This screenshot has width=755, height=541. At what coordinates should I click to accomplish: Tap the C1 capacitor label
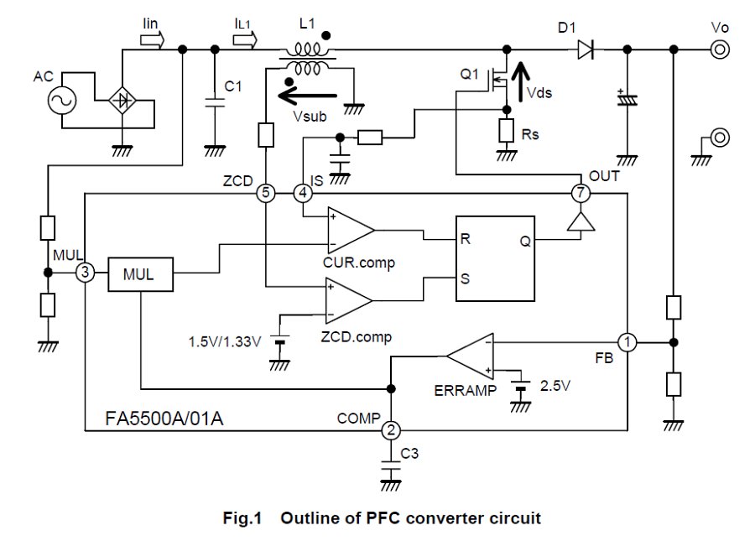[234, 86]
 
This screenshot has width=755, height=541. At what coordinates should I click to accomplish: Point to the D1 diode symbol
[586, 51]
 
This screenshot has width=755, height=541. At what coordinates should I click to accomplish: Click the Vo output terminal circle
[719, 50]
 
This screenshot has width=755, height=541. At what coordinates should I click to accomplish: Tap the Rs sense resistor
[506, 130]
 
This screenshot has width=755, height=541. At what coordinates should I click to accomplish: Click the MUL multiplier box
[140, 273]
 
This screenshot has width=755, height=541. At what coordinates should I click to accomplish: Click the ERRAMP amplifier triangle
[471, 356]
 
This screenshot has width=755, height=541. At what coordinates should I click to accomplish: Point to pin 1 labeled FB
[627, 342]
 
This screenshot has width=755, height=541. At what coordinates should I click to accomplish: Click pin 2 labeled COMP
[391, 429]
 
